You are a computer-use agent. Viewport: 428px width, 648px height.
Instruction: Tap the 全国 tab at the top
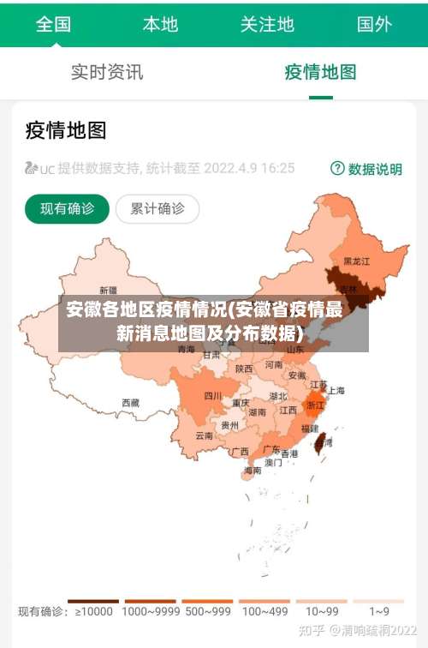coord(53,24)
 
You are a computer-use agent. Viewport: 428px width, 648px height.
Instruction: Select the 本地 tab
coord(160,24)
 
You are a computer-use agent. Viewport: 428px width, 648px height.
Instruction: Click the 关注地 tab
coord(267,24)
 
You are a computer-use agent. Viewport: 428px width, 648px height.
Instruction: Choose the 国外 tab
coord(374,24)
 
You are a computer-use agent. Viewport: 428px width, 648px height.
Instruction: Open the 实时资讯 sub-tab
coord(107,72)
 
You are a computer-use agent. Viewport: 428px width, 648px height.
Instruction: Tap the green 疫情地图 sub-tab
coord(320,72)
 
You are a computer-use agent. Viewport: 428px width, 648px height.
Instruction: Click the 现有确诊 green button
coord(67,208)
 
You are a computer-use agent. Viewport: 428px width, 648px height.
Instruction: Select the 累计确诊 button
coord(157,208)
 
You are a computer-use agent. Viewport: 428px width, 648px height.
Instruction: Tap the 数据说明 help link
coord(366,169)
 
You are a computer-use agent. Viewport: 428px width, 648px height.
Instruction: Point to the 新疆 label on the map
coord(108,290)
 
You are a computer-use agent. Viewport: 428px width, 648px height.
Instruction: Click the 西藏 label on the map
coord(130,401)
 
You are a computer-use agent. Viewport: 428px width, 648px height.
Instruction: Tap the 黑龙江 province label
coord(356,261)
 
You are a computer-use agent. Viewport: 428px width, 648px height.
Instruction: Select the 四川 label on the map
coord(212,396)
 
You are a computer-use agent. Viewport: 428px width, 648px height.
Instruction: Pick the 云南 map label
coord(204,435)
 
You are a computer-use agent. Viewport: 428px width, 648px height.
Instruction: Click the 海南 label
coord(253,471)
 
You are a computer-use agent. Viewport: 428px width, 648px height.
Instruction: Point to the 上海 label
coord(336,390)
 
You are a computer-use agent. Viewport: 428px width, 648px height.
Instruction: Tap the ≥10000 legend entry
coord(93,611)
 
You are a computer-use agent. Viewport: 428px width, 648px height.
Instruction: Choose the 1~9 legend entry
coord(379,611)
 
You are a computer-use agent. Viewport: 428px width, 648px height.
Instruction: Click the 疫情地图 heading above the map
coord(66,130)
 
